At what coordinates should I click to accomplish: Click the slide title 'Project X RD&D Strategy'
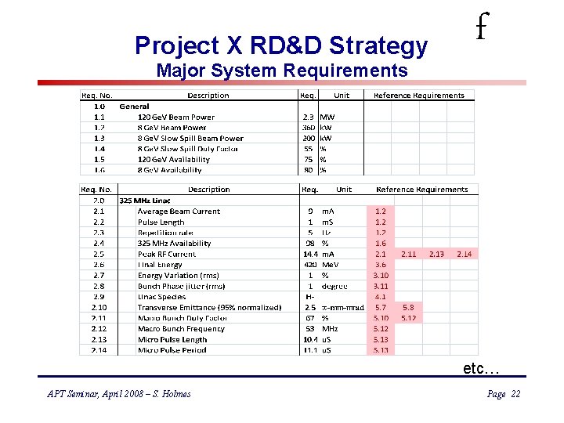pyautogui.click(x=281, y=45)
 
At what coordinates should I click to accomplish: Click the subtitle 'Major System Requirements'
pyautogui.click(x=282, y=70)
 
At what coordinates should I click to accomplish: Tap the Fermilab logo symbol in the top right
pyautogui.click(x=481, y=30)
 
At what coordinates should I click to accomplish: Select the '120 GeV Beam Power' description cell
pyautogui.click(x=175, y=117)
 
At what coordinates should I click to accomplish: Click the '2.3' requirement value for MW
pyautogui.click(x=309, y=117)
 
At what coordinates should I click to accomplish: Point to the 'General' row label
pyautogui.click(x=134, y=106)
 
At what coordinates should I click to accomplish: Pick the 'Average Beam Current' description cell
pyautogui.click(x=179, y=211)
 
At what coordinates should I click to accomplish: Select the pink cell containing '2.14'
pyautogui.click(x=465, y=254)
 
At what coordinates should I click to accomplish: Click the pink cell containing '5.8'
pyautogui.click(x=409, y=307)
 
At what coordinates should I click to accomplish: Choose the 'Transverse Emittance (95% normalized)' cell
pyautogui.click(x=209, y=307)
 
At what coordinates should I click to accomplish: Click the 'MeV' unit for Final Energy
pyautogui.click(x=330, y=265)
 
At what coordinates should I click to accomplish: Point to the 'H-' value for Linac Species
pyautogui.click(x=309, y=297)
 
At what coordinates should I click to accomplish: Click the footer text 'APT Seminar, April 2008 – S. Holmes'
pyautogui.click(x=118, y=394)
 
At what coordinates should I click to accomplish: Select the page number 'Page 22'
pyautogui.click(x=503, y=394)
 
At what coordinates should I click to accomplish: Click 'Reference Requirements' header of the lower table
pyautogui.click(x=421, y=190)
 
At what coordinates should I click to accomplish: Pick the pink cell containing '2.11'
pyautogui.click(x=409, y=254)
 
